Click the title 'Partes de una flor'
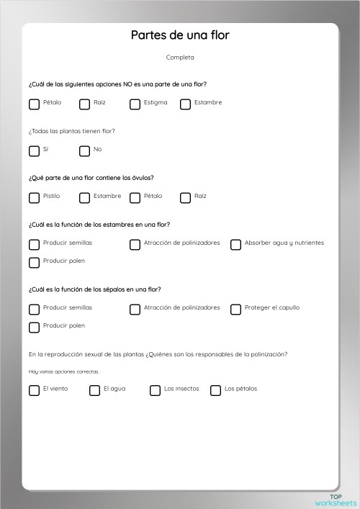180,35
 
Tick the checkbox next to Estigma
135,104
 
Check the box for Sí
34,150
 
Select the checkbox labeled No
84,150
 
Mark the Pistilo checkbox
34,197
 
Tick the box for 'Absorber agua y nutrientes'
235,244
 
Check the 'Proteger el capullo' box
235,309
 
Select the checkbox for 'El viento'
34,390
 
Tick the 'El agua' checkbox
94,390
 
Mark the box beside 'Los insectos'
155,390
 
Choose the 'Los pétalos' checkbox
215,390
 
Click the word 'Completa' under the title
180,58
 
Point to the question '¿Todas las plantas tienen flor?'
72,131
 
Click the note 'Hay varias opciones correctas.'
64,371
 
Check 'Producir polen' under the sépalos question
34,327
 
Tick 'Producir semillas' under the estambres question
34,244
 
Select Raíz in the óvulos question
185,197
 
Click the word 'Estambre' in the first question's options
208,102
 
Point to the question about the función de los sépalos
95,289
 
